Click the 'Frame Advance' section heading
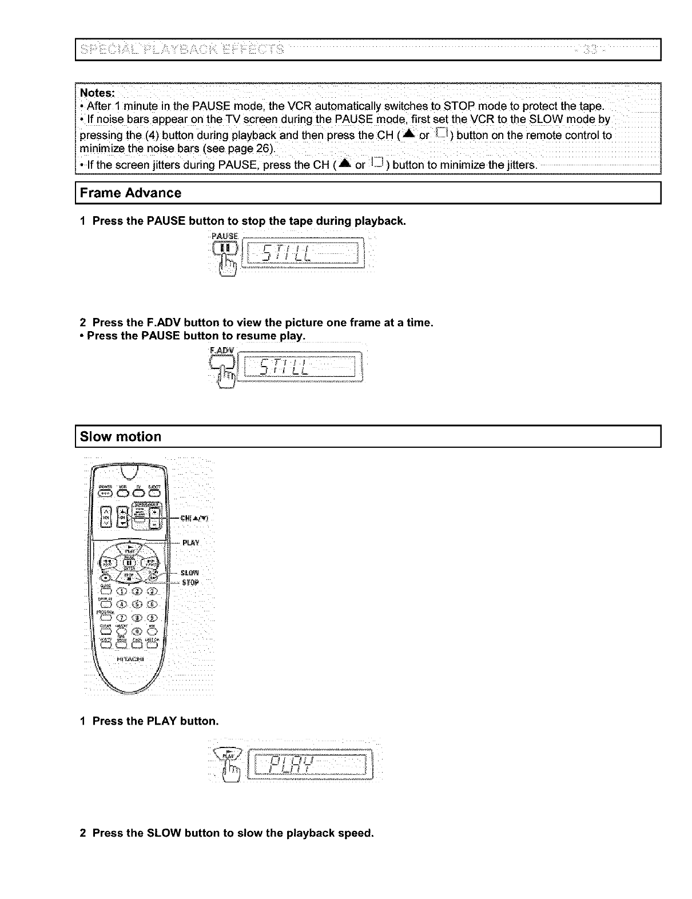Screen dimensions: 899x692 click(x=130, y=193)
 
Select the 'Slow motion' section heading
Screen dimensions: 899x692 click(x=121, y=437)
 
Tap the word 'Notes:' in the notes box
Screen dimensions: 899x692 click(x=97, y=93)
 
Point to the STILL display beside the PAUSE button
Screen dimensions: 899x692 click(x=301, y=252)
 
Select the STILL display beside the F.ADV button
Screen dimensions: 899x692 click(x=301, y=366)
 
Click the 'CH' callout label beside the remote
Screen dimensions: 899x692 click(x=194, y=519)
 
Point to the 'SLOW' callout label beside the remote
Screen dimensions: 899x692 click(x=189, y=572)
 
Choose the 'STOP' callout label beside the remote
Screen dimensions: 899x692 click(x=190, y=583)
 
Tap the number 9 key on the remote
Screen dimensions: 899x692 click(x=152, y=617)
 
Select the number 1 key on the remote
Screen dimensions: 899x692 click(x=122, y=592)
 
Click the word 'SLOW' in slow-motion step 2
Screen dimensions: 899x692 click(x=164, y=833)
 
